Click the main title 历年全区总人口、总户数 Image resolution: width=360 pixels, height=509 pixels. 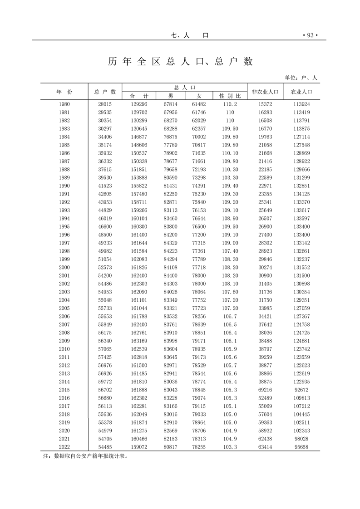tap(180, 62)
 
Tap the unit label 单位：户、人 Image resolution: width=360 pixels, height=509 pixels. tap(301, 78)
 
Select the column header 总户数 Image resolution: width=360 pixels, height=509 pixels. tap(105, 92)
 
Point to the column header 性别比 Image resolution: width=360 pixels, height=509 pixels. tap(230, 96)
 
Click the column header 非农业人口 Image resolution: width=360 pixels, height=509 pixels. tap(265, 92)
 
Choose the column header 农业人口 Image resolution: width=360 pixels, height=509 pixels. tap(301, 92)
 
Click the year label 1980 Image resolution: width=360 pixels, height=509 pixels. tap(64, 104)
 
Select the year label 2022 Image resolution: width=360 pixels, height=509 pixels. tap(64, 447)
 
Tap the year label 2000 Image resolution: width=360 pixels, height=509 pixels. tap(64, 267)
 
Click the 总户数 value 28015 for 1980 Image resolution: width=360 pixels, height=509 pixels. tap(105, 104)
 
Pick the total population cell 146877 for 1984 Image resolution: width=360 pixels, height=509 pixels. tap(139, 137)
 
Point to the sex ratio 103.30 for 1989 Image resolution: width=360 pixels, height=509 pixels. tap(230, 177)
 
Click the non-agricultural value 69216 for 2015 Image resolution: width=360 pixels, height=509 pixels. tap(265, 390)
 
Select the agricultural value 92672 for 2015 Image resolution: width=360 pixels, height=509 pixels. tap(301, 390)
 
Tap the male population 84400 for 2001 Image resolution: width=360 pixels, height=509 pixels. tap(170, 275)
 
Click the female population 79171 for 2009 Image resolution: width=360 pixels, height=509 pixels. tap(199, 341)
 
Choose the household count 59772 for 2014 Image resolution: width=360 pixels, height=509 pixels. tap(105, 382)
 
